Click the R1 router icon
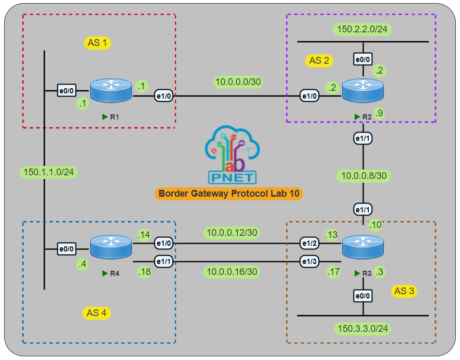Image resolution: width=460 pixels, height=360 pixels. (x=111, y=91)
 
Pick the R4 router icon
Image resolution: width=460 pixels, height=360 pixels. (x=111, y=247)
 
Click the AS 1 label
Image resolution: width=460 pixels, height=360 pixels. (x=98, y=43)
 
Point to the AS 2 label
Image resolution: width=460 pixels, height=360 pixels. (x=319, y=61)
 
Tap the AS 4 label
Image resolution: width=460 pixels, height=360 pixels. (x=98, y=313)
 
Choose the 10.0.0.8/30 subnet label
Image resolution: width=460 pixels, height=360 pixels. (x=364, y=176)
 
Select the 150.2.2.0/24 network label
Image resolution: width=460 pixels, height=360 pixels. (x=362, y=30)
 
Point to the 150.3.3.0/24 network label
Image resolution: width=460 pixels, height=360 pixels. (x=362, y=329)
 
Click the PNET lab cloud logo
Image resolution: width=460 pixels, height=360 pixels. (x=232, y=154)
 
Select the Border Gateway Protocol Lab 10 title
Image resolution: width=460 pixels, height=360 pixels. (x=229, y=194)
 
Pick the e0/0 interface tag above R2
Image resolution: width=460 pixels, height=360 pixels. (x=362, y=61)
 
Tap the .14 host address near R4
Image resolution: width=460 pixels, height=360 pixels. (x=144, y=235)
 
